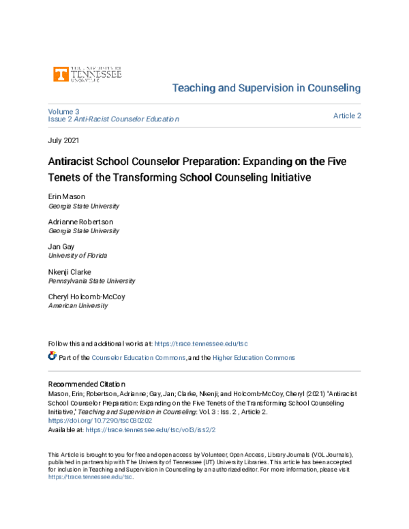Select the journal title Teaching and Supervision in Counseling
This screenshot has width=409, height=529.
pyautogui.click(x=267, y=89)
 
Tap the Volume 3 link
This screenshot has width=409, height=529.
pyautogui.click(x=63, y=111)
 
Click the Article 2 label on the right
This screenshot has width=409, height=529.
pyautogui.click(x=347, y=116)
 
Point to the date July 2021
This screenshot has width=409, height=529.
pyautogui.click(x=65, y=141)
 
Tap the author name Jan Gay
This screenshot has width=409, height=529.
pyautogui.click(x=62, y=247)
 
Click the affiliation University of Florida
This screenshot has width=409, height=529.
pyautogui.click(x=77, y=256)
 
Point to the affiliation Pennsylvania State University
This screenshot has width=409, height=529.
pyautogui.click(x=91, y=281)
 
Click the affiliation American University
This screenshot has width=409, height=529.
pyautogui.click(x=77, y=306)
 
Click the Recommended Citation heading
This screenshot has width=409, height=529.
pyautogui.click(x=86, y=384)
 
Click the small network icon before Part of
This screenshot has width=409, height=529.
pyautogui.click(x=52, y=357)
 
